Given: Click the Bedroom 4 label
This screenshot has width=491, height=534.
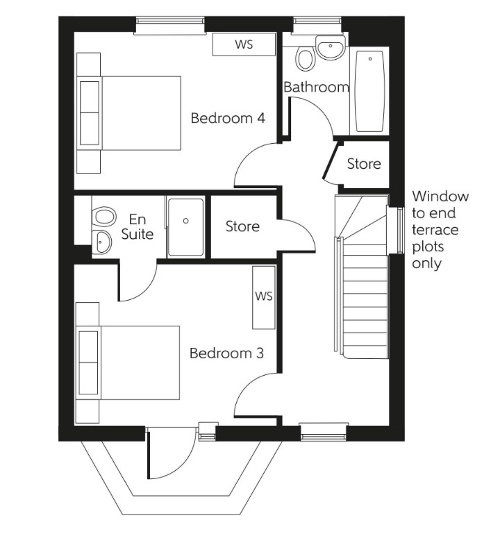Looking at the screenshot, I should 228,118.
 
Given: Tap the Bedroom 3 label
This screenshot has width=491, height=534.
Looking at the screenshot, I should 226,353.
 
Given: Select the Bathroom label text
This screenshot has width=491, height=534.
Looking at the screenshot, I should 316,87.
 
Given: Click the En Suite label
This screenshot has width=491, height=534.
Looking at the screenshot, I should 137,227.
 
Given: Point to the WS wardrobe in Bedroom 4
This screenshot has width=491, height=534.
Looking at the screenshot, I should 243,45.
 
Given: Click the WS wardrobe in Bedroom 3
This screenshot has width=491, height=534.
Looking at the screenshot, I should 264,297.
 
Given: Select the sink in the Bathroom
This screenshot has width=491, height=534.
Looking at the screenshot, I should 329,48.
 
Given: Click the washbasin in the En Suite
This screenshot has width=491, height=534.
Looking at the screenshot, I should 103,242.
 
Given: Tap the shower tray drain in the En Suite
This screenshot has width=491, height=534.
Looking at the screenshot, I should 185,221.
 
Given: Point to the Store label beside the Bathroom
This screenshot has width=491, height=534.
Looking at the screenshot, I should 364,164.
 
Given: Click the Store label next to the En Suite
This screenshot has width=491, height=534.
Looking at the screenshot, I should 242,226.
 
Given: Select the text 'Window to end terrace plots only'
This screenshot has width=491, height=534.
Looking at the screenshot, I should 440,230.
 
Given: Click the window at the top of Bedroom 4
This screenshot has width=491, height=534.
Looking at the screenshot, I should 170,26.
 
